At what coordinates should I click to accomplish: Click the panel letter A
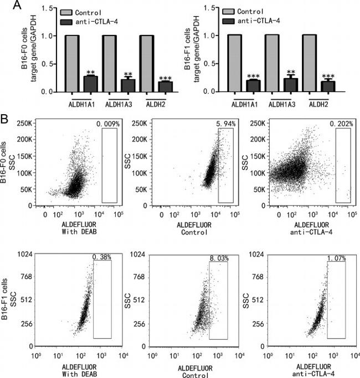point(6,6)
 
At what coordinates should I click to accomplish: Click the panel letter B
point(6,119)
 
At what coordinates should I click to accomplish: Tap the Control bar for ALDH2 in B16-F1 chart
point(308,64)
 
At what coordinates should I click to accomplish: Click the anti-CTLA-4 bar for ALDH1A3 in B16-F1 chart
point(291,85)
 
